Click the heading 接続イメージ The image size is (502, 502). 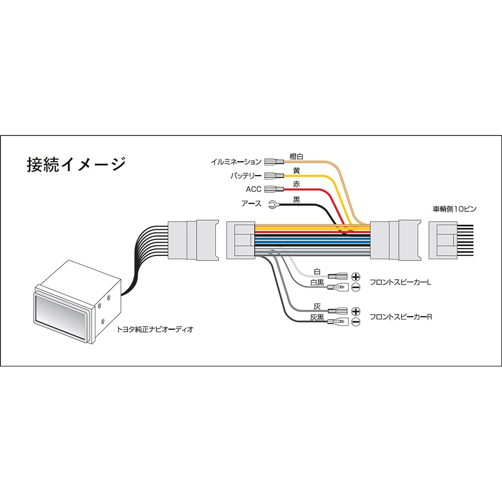tap(75, 165)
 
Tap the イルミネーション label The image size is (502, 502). tap(235, 162)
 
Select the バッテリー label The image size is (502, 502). tap(246, 176)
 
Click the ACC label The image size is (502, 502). tap(254, 190)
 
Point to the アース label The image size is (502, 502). tap(252, 204)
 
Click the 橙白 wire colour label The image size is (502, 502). tap(297, 156)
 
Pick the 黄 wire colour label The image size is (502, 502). tap(296, 171)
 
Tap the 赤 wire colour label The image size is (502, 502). tap(296, 185)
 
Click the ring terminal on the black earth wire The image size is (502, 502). tap(273, 204)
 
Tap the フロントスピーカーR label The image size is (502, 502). tap(401, 317)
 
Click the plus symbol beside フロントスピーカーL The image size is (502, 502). tap(356, 277)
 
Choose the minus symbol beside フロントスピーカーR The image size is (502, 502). tap(356, 322)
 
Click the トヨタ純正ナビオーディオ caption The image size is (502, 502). tap(155, 330)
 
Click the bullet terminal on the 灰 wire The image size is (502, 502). tap(337, 311)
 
